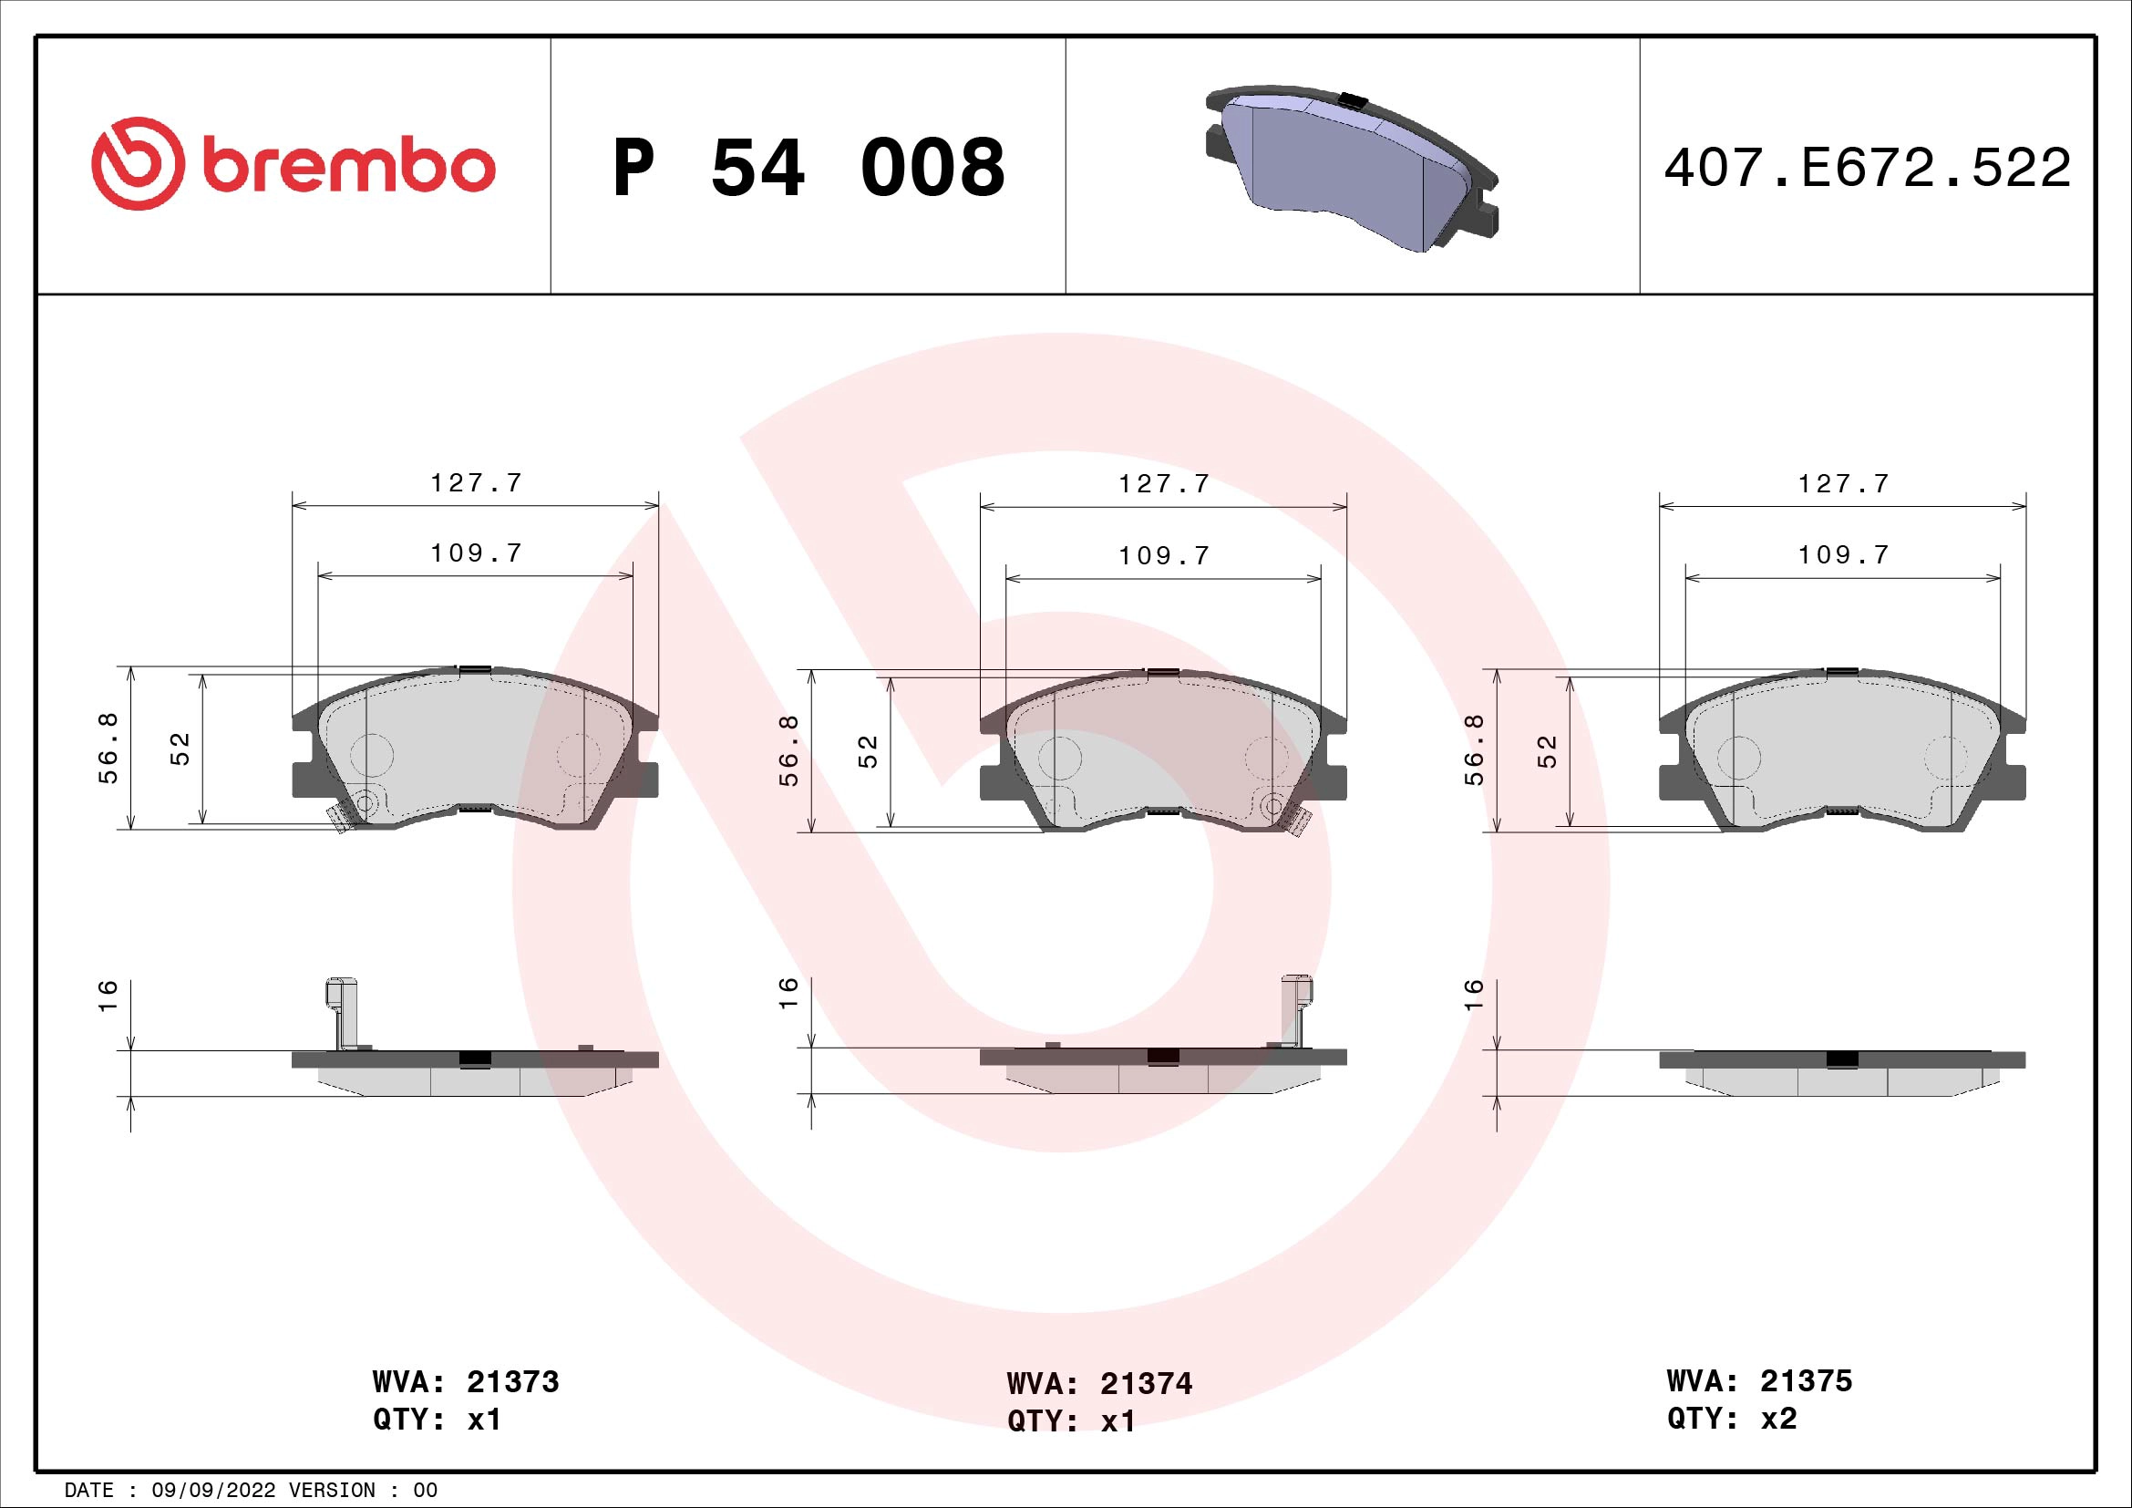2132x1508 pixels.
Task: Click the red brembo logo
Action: point(294,164)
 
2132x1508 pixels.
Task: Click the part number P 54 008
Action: point(808,168)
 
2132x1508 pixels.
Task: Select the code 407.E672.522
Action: point(1867,168)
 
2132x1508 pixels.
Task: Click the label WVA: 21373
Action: point(465,1381)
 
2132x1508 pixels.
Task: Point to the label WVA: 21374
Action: point(1098,1384)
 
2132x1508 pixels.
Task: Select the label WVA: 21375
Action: point(1758,1380)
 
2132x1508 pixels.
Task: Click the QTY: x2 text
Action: point(1732,1418)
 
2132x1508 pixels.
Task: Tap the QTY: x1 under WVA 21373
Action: point(437,1420)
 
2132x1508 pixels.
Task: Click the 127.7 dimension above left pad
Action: point(477,483)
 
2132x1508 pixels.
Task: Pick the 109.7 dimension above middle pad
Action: point(1163,555)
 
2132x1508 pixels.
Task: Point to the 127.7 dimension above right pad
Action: point(1843,483)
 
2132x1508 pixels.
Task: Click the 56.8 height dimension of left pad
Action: point(108,749)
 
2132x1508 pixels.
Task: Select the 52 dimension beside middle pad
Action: point(867,750)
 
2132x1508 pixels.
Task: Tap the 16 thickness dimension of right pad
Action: point(1474,994)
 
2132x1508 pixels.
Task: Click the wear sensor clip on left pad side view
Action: point(343,1011)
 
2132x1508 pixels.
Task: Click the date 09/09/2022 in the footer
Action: point(213,1491)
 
